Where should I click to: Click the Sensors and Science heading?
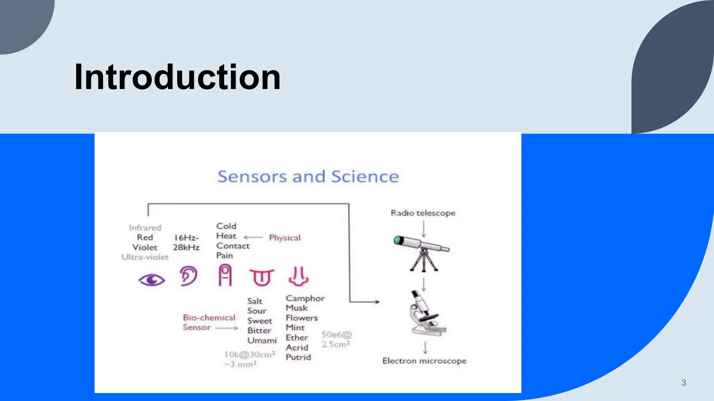[308, 176]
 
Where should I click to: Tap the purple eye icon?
[152, 280]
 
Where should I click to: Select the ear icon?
[189, 276]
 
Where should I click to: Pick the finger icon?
[225, 275]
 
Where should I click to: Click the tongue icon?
[262, 277]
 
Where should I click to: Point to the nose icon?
[298, 276]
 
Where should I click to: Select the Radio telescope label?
[423, 213]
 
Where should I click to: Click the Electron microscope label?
[424, 361]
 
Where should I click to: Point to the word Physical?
[284, 238]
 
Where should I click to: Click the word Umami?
[262, 340]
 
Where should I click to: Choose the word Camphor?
[305, 298]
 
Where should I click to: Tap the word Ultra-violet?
[145, 257]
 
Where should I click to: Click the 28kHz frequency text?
[186, 247]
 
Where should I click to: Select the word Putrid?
[298, 357]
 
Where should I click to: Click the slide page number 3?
[683, 383]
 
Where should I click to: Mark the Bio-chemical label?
[209, 317]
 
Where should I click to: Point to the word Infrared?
[145, 228]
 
